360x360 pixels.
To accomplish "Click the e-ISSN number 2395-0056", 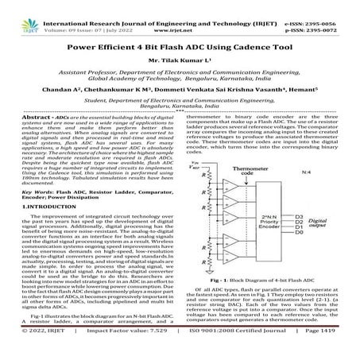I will tap(333, 6).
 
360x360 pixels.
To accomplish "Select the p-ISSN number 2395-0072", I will tap(333, 15).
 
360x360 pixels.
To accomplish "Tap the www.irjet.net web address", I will tap(180, 15).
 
